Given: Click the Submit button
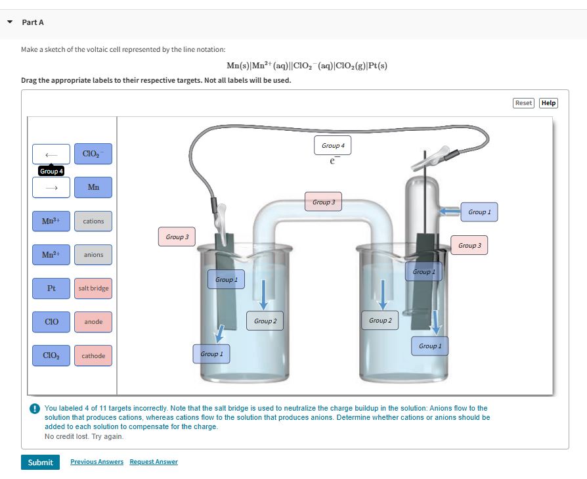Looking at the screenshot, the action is pyautogui.click(x=41, y=462).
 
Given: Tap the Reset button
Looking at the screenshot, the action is pyautogui.click(x=523, y=103).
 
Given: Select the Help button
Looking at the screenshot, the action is pyautogui.click(x=548, y=103).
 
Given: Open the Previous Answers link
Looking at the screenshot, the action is pyautogui.click(x=97, y=462).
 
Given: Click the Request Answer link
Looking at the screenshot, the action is pyautogui.click(x=154, y=462).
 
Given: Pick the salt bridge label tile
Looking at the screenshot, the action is pyautogui.click(x=93, y=288).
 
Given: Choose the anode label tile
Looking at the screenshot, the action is pyautogui.click(x=93, y=322).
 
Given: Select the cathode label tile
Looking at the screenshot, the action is pyautogui.click(x=93, y=355).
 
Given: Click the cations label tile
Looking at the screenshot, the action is pyautogui.click(x=93, y=221).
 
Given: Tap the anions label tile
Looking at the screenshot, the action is pyautogui.click(x=93, y=255).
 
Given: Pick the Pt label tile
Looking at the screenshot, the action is pyautogui.click(x=51, y=288).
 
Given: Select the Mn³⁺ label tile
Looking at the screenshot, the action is pyautogui.click(x=51, y=221).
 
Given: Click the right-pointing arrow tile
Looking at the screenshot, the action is pyautogui.click(x=51, y=187).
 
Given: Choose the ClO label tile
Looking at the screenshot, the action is pyautogui.click(x=51, y=322).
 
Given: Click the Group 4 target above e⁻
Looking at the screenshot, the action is pyautogui.click(x=333, y=145).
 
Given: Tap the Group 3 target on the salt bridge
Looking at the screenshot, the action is pyautogui.click(x=324, y=202).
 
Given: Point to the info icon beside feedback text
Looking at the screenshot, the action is pyautogui.click(x=34, y=409).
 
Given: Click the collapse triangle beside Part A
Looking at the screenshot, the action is pyautogui.click(x=10, y=22).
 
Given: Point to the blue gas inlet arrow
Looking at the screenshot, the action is pyautogui.click(x=449, y=211).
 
